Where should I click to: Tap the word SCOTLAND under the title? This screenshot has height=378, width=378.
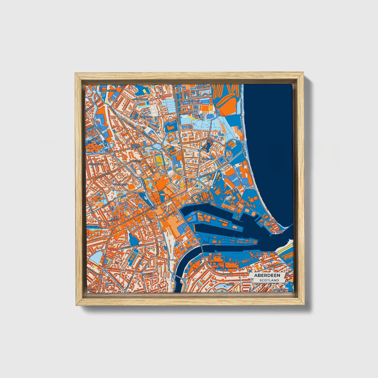(269, 280)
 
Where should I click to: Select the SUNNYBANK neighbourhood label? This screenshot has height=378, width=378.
(141, 99)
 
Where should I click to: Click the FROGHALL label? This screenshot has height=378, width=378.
(146, 117)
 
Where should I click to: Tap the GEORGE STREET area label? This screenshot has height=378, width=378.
(136, 146)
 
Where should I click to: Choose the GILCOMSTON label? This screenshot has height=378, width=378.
(121, 184)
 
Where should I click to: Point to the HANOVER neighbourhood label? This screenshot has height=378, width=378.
(208, 159)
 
